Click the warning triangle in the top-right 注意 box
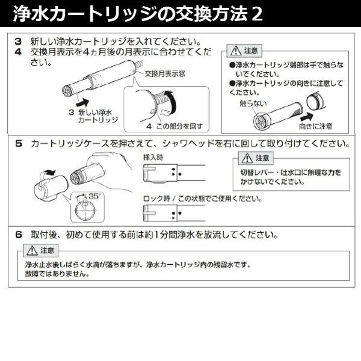(x=236, y=51)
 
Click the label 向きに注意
(x=315, y=126)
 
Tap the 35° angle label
(x=95, y=196)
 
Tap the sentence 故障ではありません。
(x=57, y=273)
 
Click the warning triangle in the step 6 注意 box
(x=31, y=250)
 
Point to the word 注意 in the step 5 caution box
(x=262, y=158)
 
